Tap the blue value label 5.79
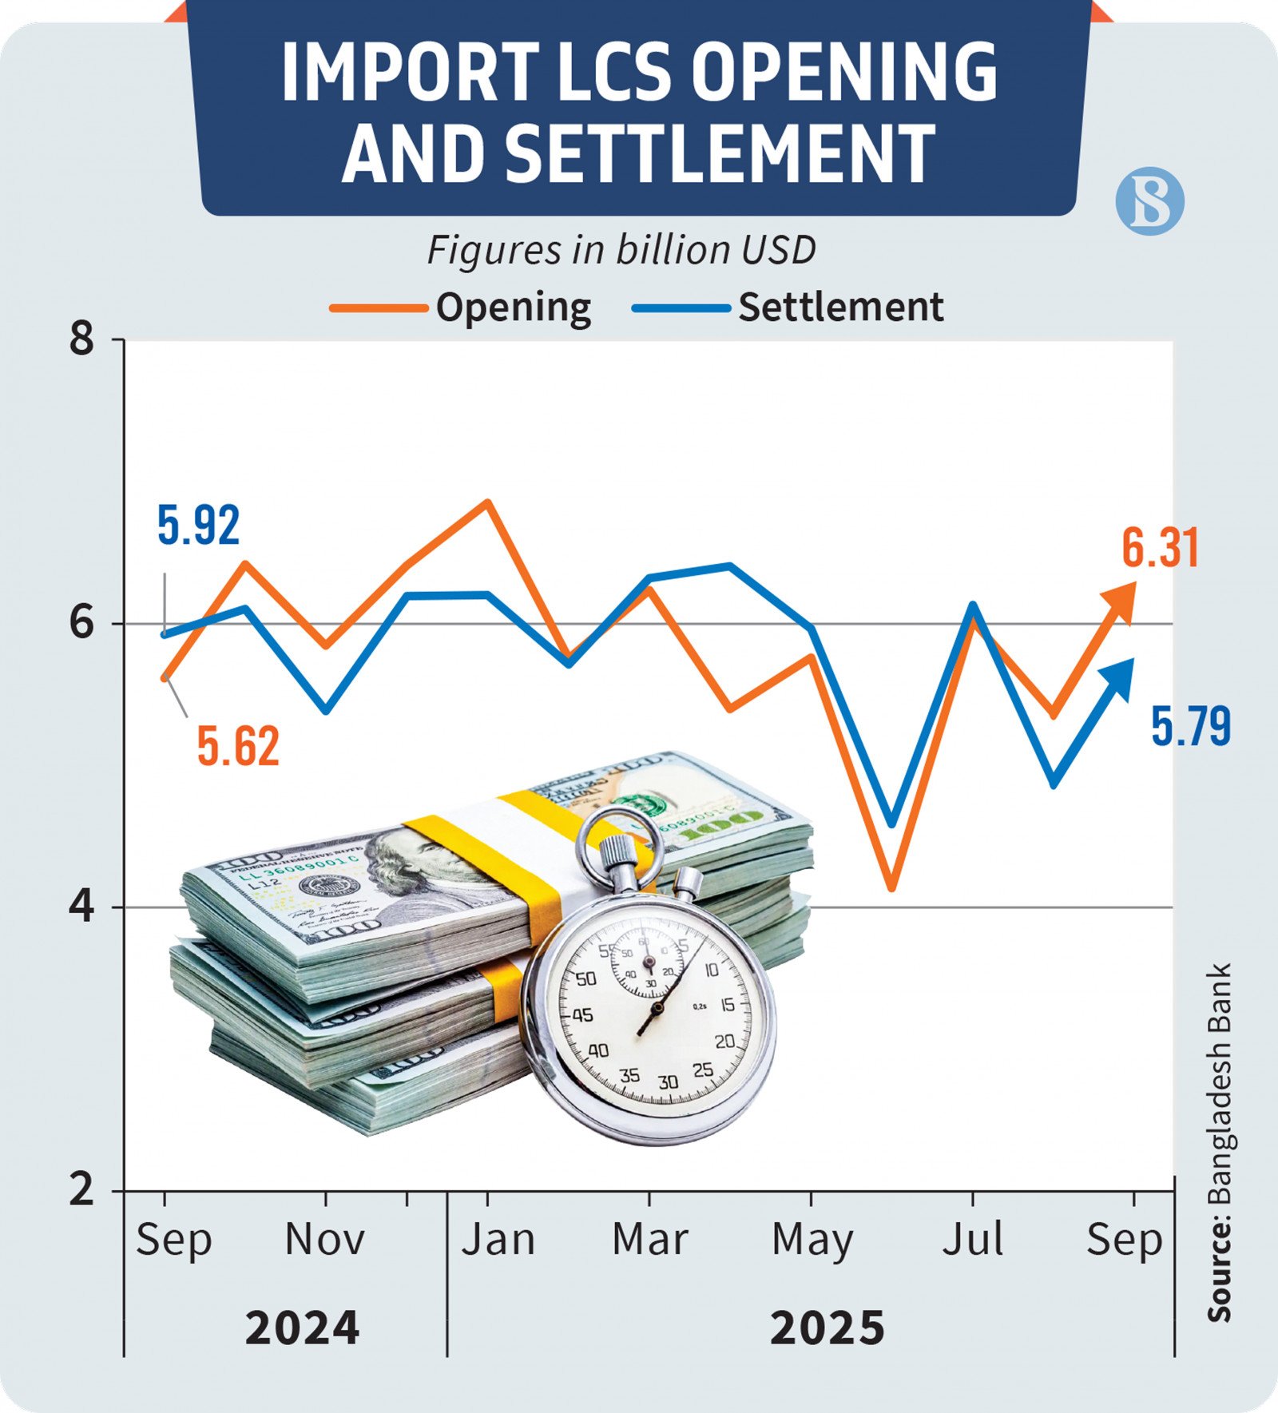[1190, 727]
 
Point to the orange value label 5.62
[238, 747]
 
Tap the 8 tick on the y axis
[82, 339]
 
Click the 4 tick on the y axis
[82, 908]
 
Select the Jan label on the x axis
[498, 1240]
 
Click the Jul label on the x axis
[972, 1240]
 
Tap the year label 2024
[302, 1328]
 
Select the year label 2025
[828, 1328]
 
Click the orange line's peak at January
[488, 502]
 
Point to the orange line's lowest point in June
[892, 887]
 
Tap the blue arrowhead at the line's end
[1120, 676]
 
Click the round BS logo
[1149, 200]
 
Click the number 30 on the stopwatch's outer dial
[668, 1082]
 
